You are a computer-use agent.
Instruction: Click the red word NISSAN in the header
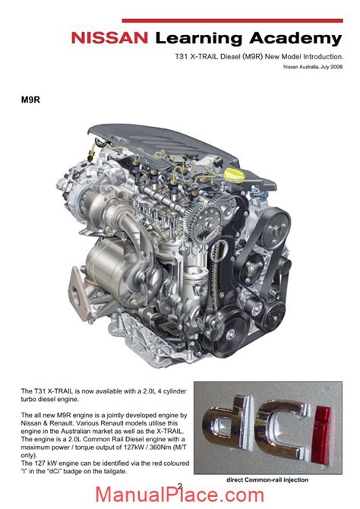click(109, 38)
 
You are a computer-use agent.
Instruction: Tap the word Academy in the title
click(295, 39)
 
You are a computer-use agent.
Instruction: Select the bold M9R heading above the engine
click(30, 100)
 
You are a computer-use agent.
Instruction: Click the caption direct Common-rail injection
click(267, 480)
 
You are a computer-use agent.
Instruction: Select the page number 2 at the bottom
click(180, 485)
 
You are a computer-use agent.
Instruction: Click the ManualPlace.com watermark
click(179, 495)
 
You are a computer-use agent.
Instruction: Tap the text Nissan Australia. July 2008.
click(313, 67)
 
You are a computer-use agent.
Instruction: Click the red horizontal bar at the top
click(232, 21)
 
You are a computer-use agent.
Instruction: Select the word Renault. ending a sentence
click(61, 423)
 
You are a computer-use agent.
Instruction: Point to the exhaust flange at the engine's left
click(79, 293)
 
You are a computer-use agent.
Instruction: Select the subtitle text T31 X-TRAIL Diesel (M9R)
click(219, 56)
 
